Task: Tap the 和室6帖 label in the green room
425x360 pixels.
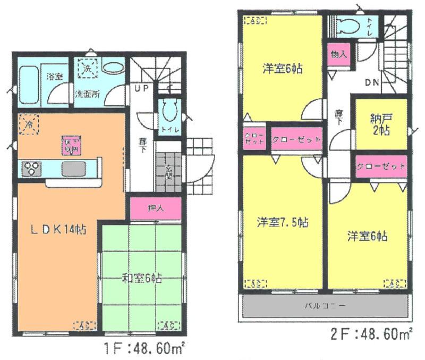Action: pos(142,277)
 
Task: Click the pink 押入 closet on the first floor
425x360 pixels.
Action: pos(156,208)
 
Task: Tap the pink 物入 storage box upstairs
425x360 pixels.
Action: pos(338,54)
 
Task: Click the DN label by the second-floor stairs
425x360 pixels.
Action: pos(371,82)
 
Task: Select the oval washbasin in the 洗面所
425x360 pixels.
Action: pos(113,68)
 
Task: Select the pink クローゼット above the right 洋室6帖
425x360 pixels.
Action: pos(381,166)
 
